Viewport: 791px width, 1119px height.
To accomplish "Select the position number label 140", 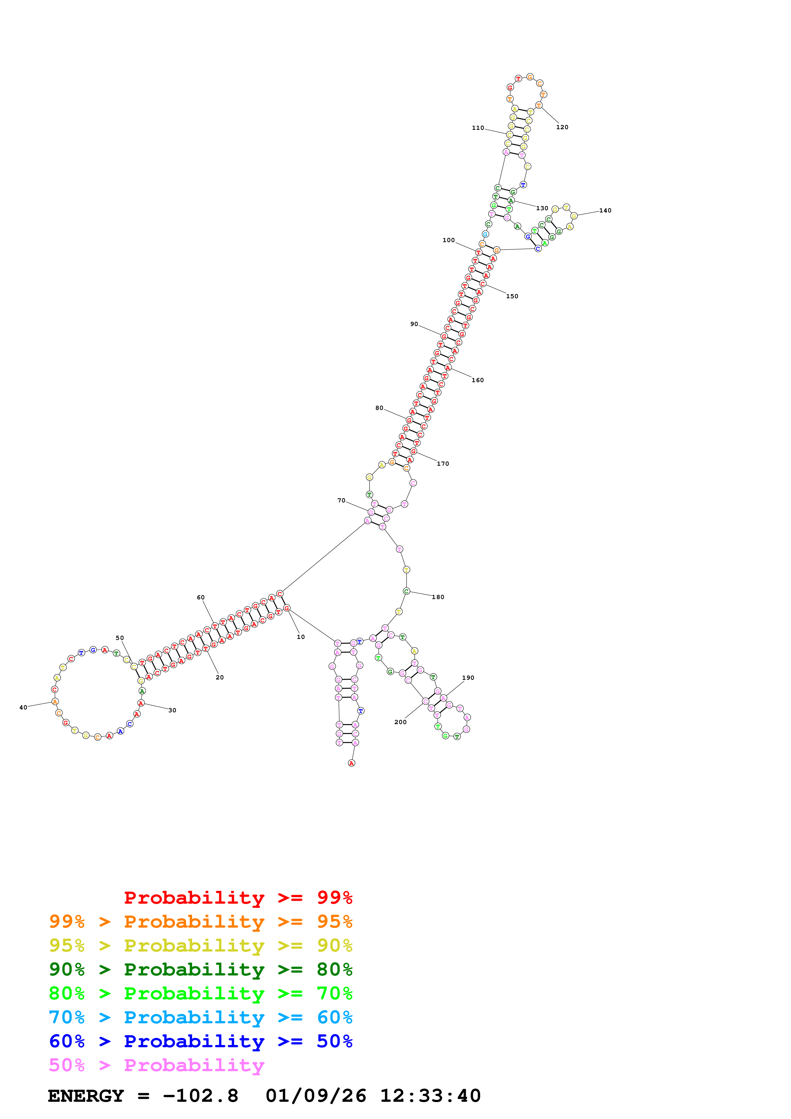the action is [x=605, y=211].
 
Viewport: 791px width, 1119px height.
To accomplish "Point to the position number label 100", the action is [x=448, y=240].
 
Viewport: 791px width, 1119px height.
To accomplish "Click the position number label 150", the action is [x=512, y=296].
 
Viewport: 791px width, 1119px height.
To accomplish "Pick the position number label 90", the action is [x=414, y=324].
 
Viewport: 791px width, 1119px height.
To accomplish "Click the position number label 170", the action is [x=443, y=463].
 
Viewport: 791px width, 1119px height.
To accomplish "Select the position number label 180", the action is [x=438, y=597].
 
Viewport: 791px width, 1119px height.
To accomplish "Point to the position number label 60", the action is [x=201, y=597].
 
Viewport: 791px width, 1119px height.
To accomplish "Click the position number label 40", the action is [x=23, y=708].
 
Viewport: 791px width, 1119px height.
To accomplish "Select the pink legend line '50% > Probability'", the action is [x=156, y=1065].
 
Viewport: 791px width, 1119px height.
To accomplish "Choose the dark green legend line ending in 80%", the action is [x=200, y=969].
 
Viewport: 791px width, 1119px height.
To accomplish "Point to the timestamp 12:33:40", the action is [x=430, y=1096].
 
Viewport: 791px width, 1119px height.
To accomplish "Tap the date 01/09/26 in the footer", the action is [x=316, y=1096].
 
